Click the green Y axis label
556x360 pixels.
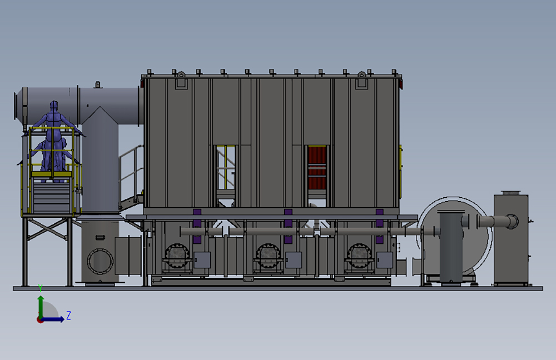point(41,288)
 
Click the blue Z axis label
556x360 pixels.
point(68,316)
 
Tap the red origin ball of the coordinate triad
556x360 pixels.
point(39,319)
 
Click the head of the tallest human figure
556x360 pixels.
point(53,105)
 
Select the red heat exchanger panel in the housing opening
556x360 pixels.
point(317,167)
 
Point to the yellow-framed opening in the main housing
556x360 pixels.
point(226,167)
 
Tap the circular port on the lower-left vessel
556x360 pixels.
point(100,261)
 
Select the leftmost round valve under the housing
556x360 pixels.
point(177,256)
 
